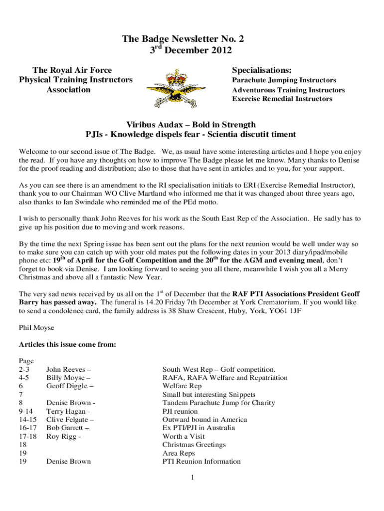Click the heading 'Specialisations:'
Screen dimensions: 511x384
coord(262,70)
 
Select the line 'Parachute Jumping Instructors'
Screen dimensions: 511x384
coord(284,80)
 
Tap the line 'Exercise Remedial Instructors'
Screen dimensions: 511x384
coord(282,99)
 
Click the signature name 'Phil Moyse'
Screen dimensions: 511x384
coord(36,328)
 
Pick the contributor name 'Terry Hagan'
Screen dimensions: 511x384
coord(67,411)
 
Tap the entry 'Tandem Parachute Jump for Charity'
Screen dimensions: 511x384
coord(218,403)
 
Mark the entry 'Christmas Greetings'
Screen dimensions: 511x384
coord(194,445)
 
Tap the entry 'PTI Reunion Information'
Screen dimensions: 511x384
coord(201,462)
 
